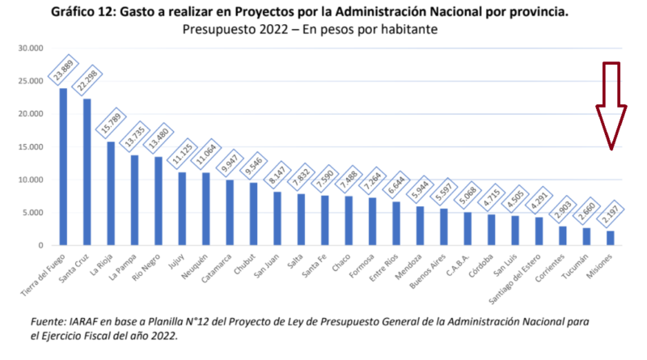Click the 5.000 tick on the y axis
(32, 213)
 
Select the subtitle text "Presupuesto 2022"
(232, 30)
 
